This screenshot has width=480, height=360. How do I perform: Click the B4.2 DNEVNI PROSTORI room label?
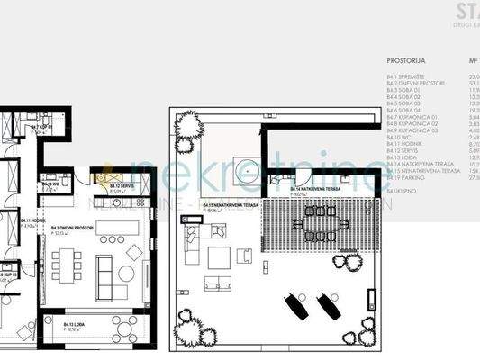point(71,229)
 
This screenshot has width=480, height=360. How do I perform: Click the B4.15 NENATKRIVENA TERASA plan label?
point(223,206)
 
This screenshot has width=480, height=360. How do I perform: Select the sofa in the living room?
point(104,268)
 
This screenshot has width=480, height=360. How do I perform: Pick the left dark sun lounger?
point(295,306)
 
